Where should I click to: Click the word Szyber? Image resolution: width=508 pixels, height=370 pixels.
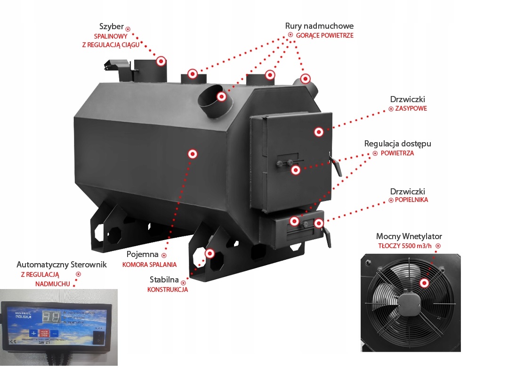(112, 26)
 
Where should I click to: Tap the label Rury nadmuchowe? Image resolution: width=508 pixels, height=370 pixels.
(319, 26)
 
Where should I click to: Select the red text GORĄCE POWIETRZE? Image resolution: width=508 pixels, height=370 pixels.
(324, 35)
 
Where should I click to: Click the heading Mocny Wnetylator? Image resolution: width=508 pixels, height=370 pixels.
(409, 236)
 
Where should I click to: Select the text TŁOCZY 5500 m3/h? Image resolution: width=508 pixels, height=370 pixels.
(405, 246)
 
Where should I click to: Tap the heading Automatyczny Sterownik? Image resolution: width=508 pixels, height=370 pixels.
(62, 265)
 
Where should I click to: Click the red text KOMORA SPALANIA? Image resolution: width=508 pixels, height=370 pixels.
(149, 265)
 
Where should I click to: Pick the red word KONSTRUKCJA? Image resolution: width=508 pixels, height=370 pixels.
(168, 290)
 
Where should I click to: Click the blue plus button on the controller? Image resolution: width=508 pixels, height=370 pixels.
(33, 333)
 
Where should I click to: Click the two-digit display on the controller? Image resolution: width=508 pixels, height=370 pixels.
(50, 317)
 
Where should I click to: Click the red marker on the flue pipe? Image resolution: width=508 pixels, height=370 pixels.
(161, 61)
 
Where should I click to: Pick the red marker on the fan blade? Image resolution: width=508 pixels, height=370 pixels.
(425, 282)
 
